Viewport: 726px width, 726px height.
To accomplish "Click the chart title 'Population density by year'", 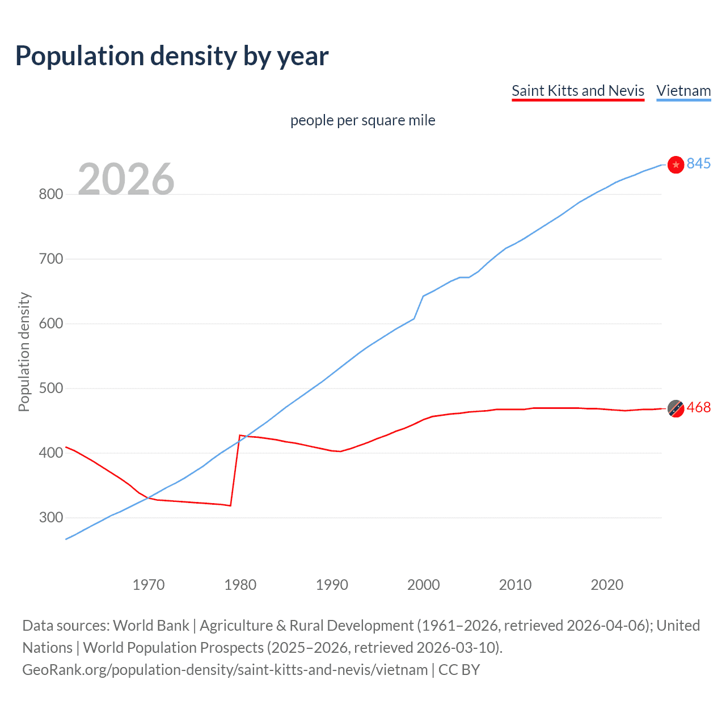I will (x=172, y=56).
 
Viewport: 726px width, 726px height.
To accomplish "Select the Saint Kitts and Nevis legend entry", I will (x=577, y=91).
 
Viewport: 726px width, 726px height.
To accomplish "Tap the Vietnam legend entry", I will (x=683, y=91).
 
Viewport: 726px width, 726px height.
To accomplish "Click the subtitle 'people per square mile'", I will (x=362, y=120).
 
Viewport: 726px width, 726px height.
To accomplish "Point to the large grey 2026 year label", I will (x=126, y=179).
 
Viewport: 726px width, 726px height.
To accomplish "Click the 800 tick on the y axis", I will (x=50, y=194).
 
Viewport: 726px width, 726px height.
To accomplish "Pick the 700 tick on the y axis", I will (x=50, y=259).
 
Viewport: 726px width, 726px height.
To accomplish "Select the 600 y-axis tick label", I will (x=50, y=324).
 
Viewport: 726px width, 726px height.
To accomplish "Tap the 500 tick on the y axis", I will (x=50, y=389).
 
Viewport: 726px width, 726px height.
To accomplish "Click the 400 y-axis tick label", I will (x=50, y=453).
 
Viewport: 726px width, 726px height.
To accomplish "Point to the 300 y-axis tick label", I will (x=50, y=518).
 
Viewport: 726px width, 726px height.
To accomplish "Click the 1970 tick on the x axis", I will (x=149, y=585).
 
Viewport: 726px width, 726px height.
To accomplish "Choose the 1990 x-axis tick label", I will (x=332, y=585).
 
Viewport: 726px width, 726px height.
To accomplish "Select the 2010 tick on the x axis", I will (x=515, y=585).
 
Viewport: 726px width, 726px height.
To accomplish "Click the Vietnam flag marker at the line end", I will (x=676, y=164).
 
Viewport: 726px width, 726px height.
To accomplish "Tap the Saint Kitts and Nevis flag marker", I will (x=676, y=408).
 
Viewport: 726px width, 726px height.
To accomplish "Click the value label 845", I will (x=698, y=163).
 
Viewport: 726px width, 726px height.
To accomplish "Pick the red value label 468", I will (x=698, y=408).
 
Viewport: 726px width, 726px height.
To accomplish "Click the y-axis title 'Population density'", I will (x=24, y=352).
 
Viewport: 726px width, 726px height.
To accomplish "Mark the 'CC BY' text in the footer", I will (x=459, y=670).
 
